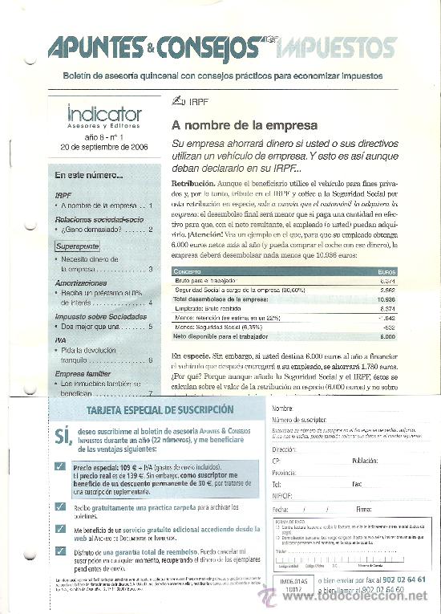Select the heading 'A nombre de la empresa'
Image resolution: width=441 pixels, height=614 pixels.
tap(245, 126)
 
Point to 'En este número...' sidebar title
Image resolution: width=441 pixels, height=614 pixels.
tap(89, 174)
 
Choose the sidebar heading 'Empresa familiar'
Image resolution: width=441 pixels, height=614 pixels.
tap(87, 373)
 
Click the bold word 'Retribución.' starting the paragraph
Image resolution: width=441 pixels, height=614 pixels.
tap(192, 184)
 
